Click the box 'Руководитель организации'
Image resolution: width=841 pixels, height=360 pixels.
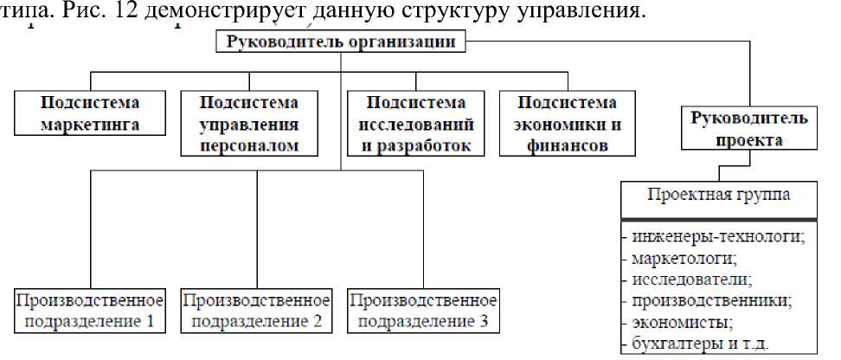click(x=342, y=42)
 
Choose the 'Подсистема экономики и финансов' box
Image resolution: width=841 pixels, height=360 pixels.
click(x=559, y=123)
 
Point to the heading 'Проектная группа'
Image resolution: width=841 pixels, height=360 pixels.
click(x=719, y=194)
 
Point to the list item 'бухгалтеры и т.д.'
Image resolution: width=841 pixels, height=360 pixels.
click(x=701, y=343)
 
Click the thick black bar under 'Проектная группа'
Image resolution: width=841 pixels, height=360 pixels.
click(x=719, y=219)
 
